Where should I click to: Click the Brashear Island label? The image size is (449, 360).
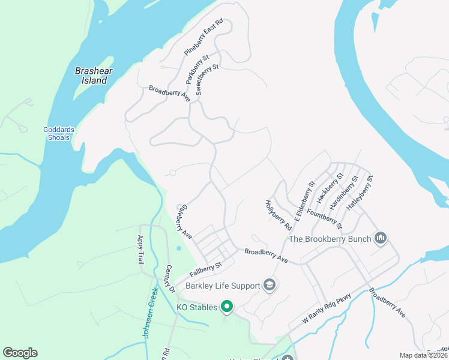(91, 75)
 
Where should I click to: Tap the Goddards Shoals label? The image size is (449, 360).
(56, 133)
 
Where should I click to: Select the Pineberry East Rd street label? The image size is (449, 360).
(203, 37)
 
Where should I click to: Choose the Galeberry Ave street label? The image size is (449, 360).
(184, 222)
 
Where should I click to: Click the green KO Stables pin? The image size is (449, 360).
(227, 307)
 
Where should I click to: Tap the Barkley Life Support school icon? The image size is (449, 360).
(270, 284)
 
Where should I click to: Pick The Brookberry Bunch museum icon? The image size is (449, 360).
(380, 239)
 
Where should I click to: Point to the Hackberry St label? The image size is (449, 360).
(331, 187)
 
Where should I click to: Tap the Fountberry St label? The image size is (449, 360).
(324, 218)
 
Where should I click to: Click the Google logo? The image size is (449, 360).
(20, 353)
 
